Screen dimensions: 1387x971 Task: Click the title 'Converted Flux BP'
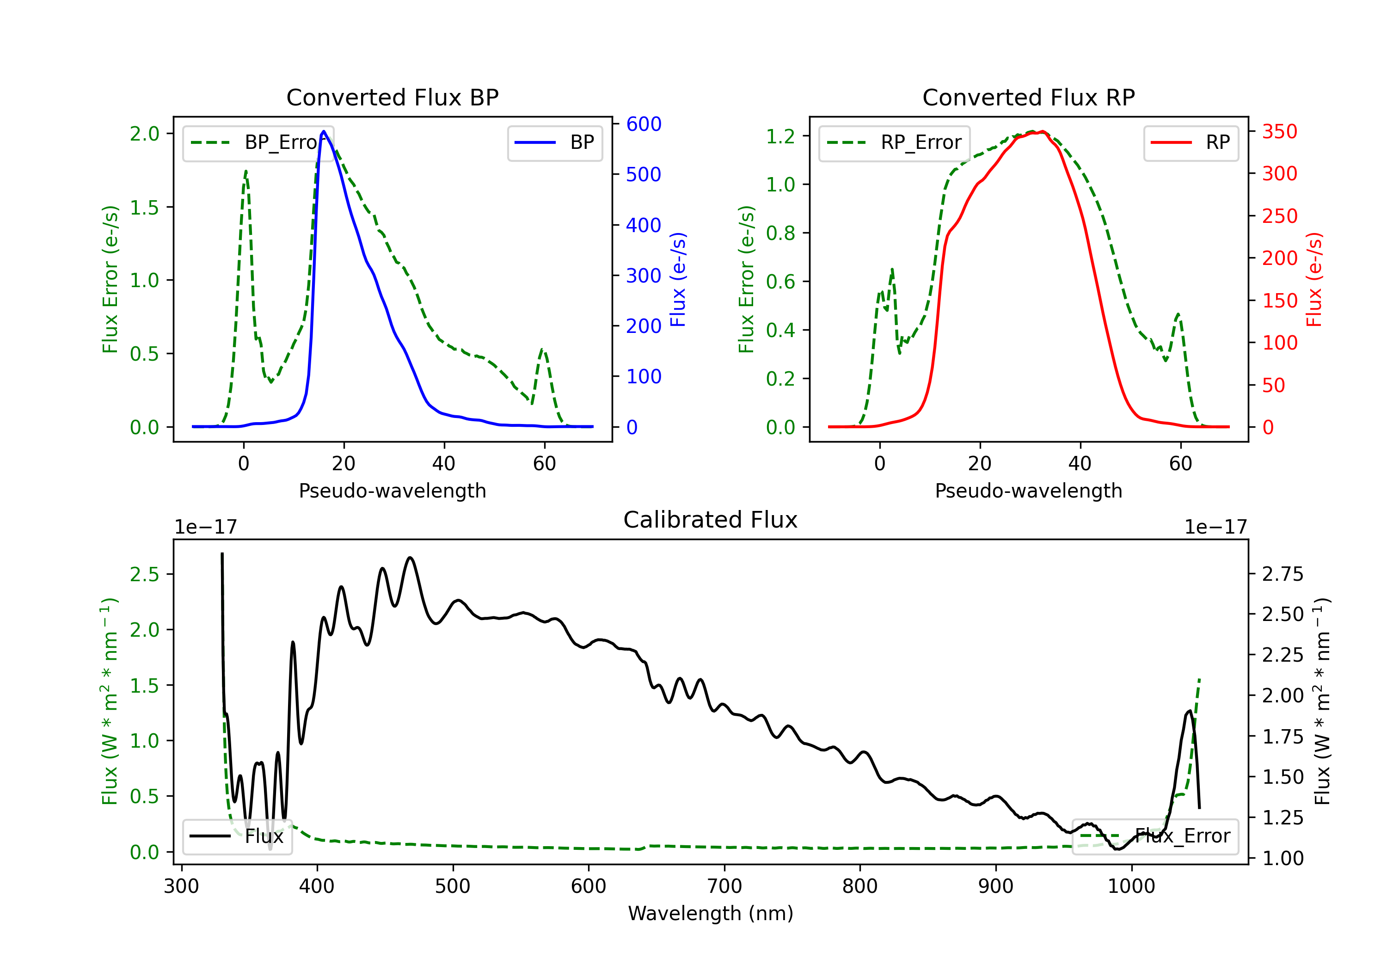coord(392,97)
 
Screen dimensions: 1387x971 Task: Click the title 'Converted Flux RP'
coord(1028,97)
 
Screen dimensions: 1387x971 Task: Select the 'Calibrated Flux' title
coord(711,520)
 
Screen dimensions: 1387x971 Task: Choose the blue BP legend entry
coord(554,142)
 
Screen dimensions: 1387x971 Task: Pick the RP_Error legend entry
coord(894,142)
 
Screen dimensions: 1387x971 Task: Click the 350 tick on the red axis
coord(1279,132)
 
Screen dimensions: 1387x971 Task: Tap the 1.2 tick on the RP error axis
coord(780,136)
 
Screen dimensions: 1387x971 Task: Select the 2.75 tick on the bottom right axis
coord(1283,574)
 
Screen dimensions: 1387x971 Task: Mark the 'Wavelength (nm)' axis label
coord(711,913)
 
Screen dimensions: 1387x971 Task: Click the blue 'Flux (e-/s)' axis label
coord(678,280)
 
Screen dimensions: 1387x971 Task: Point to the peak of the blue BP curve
coord(324,131)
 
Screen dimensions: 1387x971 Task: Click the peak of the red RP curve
coord(1043,131)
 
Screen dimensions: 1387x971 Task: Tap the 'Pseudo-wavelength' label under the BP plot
coord(392,491)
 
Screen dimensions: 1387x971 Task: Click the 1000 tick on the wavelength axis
coord(1131,886)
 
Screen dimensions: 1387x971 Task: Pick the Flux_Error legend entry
coord(1155,836)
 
